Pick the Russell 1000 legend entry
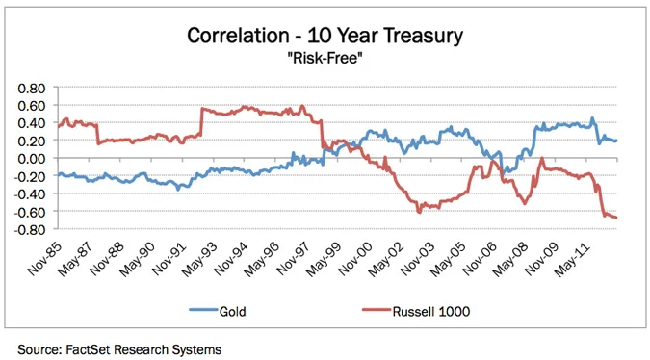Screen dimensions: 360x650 [400, 311]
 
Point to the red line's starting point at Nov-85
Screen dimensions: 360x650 [58, 126]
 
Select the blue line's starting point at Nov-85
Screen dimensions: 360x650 [58, 174]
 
